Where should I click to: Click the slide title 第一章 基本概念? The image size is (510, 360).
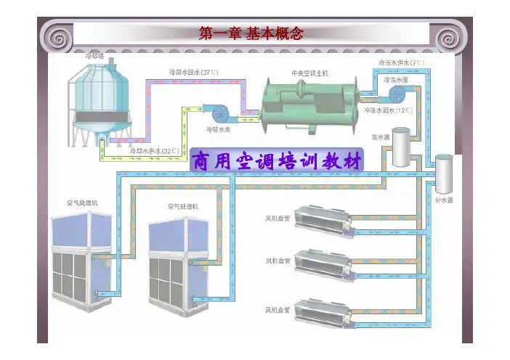251,33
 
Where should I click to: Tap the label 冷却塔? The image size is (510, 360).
95,55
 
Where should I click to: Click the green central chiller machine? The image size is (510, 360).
309,105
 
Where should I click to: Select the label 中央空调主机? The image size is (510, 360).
310,73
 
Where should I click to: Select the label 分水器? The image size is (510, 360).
445,199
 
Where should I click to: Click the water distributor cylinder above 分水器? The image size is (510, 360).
445,174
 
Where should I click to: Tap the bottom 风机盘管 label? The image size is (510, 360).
278,310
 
